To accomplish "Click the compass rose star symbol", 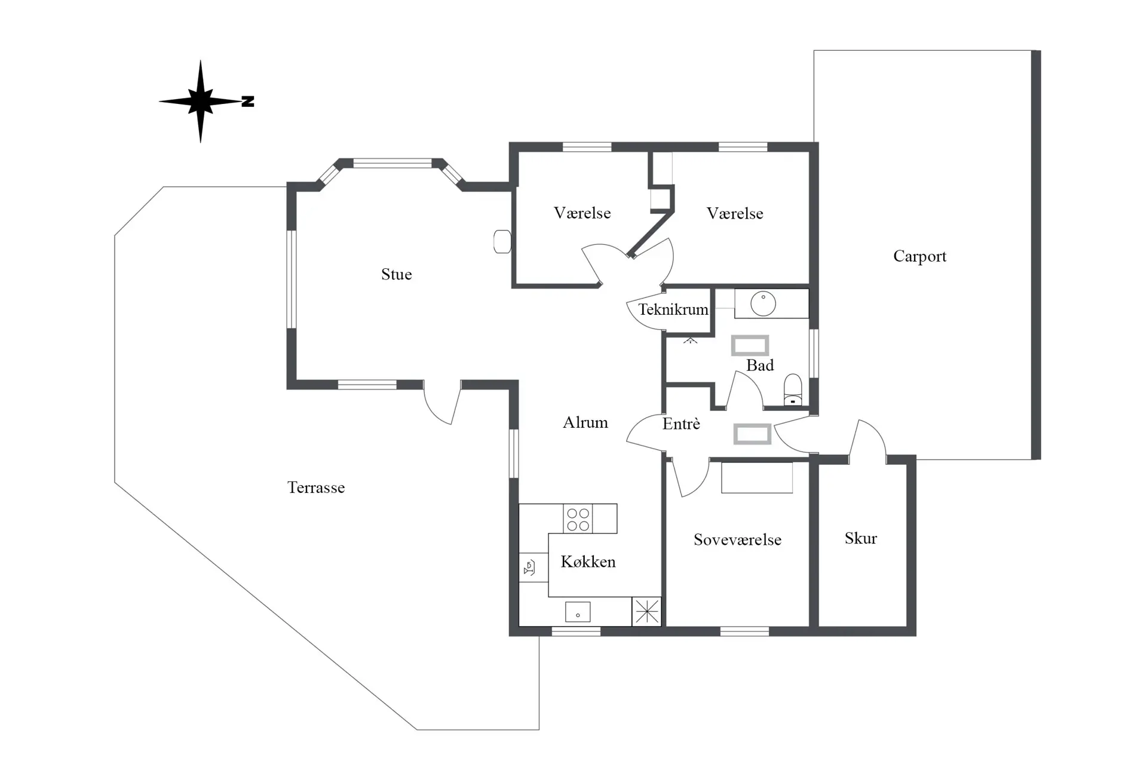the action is coord(200,101).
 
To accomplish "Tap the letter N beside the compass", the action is coord(248,102).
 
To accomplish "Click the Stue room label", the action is coord(397,274).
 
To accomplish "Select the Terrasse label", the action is coord(316,487).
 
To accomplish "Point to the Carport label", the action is coord(920,256).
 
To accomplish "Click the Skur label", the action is coord(861,538).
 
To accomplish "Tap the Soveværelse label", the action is coord(738,539).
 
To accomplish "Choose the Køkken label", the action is coord(588,562).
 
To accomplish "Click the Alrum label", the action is coord(585,422).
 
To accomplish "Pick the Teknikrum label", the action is coord(673,309).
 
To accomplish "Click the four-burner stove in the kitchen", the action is coord(578,518).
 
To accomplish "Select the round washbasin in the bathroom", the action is coord(763,303).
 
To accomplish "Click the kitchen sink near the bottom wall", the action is coord(578,612).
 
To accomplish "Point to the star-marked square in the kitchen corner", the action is coord(646,612).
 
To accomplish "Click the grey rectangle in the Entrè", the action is coord(752,434).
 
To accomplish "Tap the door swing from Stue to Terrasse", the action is coord(441,403).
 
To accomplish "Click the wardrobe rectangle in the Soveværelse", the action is coord(757,477).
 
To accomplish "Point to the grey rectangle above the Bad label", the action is coord(750,345).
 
